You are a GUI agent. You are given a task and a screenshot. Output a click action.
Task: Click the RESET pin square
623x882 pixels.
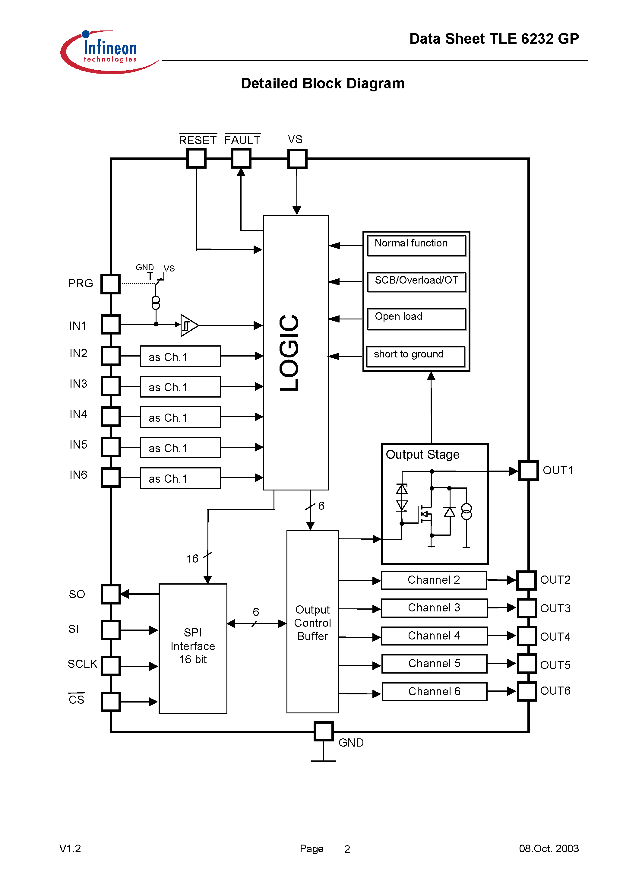(196, 158)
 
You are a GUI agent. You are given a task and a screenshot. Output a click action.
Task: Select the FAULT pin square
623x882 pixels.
(241, 158)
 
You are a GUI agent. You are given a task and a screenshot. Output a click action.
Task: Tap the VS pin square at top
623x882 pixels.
(297, 158)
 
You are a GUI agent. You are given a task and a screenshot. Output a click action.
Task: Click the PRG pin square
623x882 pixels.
(111, 284)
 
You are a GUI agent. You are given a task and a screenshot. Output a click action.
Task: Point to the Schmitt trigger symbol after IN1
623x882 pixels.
(188, 325)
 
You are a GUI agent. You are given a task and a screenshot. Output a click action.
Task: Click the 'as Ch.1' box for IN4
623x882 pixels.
(180, 417)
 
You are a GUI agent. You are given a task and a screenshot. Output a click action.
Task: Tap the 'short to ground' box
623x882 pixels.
(415, 356)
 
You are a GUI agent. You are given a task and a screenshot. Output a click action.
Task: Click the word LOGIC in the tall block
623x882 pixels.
(289, 353)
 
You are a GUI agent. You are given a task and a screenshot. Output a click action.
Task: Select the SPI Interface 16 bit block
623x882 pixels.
(193, 648)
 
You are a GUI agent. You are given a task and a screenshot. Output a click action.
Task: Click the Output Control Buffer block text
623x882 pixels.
(312, 623)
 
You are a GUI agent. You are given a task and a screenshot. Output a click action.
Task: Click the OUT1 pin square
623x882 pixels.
(528, 470)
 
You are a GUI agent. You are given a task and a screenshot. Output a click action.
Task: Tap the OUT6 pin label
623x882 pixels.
(555, 691)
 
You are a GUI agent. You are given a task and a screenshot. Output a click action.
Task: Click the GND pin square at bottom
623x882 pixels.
(323, 731)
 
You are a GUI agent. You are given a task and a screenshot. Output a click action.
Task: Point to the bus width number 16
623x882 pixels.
(192, 559)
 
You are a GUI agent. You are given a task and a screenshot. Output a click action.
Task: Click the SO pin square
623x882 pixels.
(111, 594)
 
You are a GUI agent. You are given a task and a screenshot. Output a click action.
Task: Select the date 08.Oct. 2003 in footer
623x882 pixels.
(549, 848)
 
